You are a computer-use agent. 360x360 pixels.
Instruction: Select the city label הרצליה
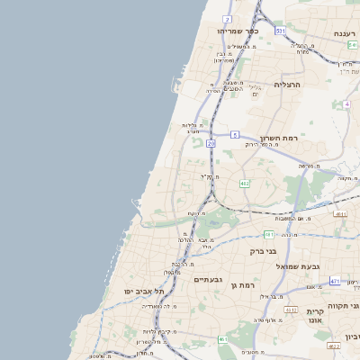pyautogui.click(x=285, y=85)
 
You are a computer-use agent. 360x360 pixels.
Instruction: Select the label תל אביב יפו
pyautogui.click(x=146, y=292)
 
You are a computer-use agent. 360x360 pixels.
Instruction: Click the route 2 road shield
pyautogui.click(x=227, y=18)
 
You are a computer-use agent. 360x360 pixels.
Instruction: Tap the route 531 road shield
pyautogui.click(x=280, y=31)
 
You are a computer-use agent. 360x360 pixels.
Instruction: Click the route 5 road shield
pyautogui.click(x=234, y=134)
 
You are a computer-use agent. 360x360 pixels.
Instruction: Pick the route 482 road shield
pyautogui.click(x=244, y=184)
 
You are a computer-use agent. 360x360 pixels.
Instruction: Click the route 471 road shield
pyautogui.click(x=335, y=281)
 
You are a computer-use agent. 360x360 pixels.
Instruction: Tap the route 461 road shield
pyautogui.click(x=221, y=339)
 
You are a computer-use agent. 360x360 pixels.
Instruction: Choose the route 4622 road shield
pyautogui.click(x=334, y=346)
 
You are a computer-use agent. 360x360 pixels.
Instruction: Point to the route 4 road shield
pyautogui.click(x=346, y=104)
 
